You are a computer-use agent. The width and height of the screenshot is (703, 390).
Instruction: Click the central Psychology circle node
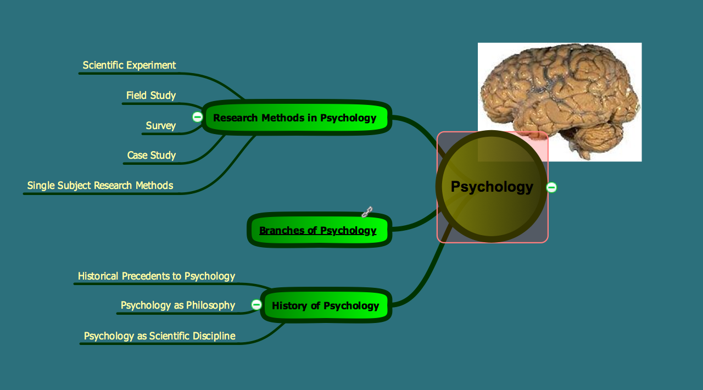coord(492,187)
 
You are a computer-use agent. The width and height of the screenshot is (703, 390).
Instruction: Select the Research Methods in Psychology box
coord(295,118)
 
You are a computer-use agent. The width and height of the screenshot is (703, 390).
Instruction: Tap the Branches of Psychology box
coord(318,231)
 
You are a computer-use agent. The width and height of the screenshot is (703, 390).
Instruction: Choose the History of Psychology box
coord(325,306)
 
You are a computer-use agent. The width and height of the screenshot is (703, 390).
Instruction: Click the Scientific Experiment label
coord(129,65)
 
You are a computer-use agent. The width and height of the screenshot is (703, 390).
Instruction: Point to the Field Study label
coord(151,96)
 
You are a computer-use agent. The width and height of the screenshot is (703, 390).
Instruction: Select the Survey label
coord(161,126)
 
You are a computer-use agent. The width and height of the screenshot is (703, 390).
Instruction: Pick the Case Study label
coord(152,155)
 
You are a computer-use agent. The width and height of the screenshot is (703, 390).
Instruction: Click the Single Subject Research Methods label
coord(100,186)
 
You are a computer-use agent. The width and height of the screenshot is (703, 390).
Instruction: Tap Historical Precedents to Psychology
coord(157,276)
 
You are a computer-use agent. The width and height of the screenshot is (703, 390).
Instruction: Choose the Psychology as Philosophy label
coord(178,305)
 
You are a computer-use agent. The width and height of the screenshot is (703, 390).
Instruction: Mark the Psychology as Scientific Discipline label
coord(159,336)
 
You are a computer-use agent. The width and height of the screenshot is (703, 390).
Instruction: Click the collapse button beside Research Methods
coord(197,116)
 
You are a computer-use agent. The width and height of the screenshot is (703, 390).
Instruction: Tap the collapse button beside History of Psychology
coord(256,304)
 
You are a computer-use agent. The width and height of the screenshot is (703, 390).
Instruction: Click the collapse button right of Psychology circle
coord(551,187)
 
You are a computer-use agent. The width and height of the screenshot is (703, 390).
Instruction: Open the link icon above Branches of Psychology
coord(367,211)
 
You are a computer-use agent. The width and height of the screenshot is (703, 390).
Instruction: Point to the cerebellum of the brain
coord(599,137)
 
